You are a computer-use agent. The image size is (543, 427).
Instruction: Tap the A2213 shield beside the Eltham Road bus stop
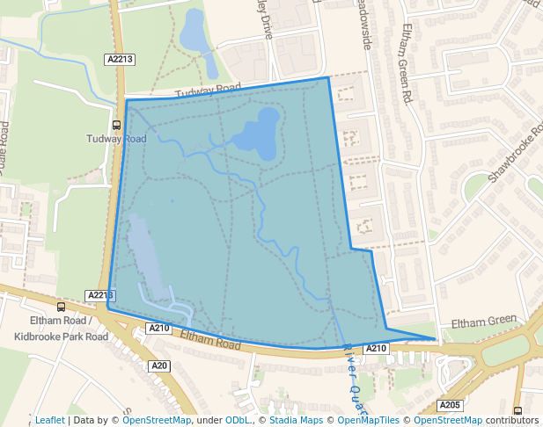pos(100,295)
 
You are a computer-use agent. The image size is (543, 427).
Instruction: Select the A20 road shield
pos(158,365)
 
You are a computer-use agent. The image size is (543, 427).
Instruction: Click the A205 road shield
pos(450,405)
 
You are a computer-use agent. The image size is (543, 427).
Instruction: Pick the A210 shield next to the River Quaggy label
pos(377,349)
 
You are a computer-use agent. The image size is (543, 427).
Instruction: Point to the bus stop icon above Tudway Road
pos(116,125)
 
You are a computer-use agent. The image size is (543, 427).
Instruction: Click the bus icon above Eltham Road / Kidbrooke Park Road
pos(61,307)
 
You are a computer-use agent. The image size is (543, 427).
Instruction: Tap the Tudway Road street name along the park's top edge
pos(208,91)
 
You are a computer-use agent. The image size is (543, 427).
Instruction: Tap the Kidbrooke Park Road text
pos(62,337)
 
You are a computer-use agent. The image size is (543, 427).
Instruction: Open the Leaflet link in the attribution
pos(49,420)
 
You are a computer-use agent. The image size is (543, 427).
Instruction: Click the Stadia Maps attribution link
pos(296,420)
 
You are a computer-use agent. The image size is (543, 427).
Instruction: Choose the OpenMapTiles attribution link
pos(371,420)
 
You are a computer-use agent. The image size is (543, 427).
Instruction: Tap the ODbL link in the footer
pos(238,420)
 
